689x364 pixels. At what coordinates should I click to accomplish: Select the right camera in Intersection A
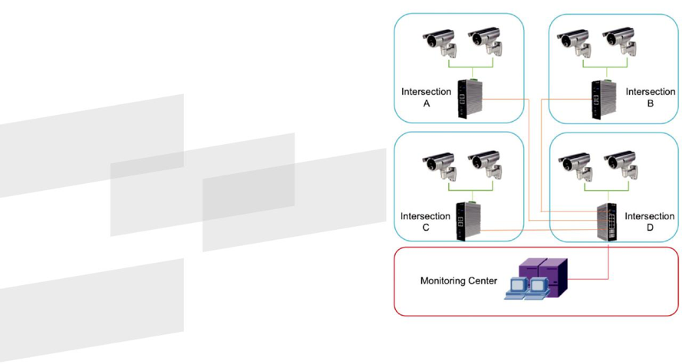(x=485, y=43)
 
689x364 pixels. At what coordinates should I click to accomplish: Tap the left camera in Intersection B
(x=575, y=44)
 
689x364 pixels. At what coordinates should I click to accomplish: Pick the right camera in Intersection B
(x=620, y=44)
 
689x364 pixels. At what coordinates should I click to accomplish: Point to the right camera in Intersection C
(x=485, y=166)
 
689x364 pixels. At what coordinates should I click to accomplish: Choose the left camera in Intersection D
(x=575, y=167)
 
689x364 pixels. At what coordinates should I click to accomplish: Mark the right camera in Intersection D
(x=621, y=167)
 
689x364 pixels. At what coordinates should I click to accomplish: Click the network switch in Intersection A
(x=470, y=98)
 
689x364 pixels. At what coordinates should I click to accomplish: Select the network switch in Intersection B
(x=604, y=99)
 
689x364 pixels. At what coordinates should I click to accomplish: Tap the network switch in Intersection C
(x=469, y=221)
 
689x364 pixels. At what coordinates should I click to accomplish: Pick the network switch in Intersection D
(x=607, y=221)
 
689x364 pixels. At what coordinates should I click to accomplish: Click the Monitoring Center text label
(x=459, y=280)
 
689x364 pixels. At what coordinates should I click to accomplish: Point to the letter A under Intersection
(x=427, y=103)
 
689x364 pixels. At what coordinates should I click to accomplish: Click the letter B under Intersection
(x=651, y=103)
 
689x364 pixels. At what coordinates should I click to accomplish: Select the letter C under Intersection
(x=425, y=228)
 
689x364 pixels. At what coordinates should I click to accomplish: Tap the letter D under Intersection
(x=650, y=228)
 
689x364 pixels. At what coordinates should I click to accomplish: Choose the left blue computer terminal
(x=517, y=288)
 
